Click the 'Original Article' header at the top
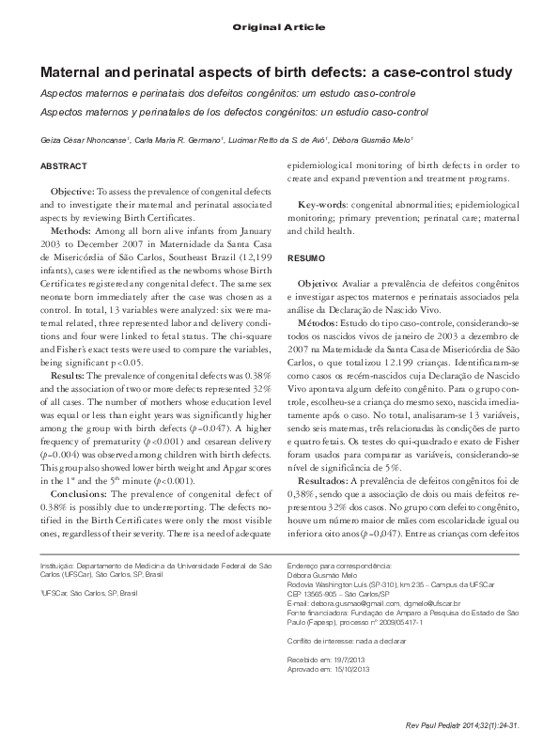(x=279, y=29)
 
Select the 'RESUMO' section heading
(x=305, y=257)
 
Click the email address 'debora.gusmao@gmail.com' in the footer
(x=349, y=602)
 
